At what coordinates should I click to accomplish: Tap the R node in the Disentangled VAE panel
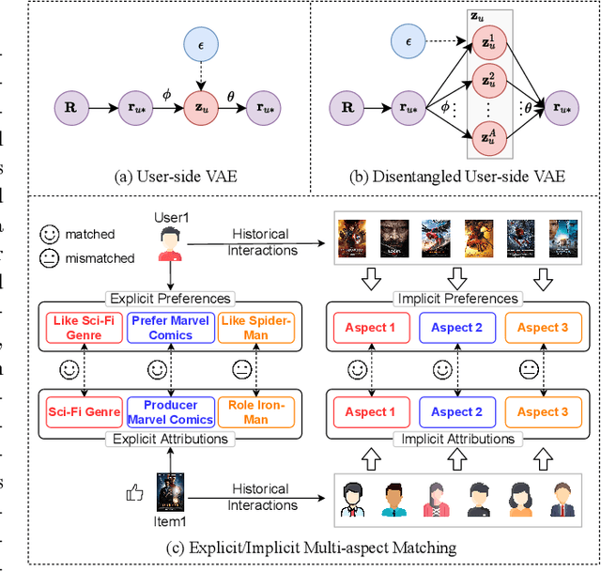click(347, 109)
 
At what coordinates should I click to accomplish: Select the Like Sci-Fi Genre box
click(80, 327)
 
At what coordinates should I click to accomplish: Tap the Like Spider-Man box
click(255, 327)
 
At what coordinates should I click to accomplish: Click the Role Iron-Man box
click(255, 411)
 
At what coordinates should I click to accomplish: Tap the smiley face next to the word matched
click(52, 234)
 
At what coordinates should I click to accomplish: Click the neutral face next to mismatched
click(52, 257)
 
